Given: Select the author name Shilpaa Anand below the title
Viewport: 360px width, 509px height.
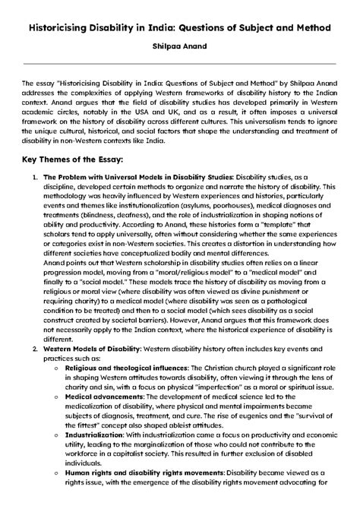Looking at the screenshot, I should [180, 48].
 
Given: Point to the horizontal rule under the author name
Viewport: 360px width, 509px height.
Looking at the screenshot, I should [180, 65].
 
